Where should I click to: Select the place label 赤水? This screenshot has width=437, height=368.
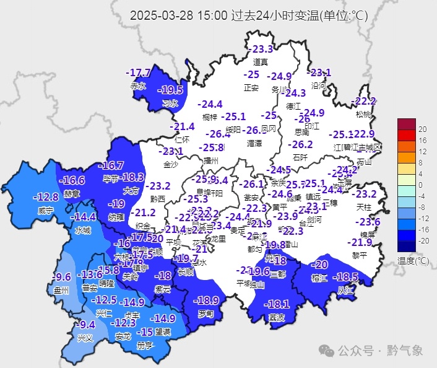tap(137, 86)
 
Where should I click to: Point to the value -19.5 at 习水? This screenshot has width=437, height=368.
tap(171, 90)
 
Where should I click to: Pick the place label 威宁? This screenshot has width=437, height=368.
tap(46, 210)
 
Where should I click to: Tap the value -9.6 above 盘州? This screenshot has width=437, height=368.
tap(62, 276)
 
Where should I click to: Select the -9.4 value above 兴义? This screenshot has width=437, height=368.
tap(86, 325)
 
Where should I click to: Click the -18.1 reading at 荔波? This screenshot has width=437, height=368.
tap(276, 304)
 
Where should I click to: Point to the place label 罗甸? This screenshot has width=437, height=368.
tap(205, 314)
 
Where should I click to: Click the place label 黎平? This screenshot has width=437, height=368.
tap(359, 255)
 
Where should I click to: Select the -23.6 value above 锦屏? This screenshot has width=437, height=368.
tap(368, 222)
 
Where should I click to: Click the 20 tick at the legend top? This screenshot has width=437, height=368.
tap(423, 129)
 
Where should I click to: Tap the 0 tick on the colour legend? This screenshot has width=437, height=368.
tap(421, 185)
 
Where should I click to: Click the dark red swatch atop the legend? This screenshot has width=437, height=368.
tap(406, 123)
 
